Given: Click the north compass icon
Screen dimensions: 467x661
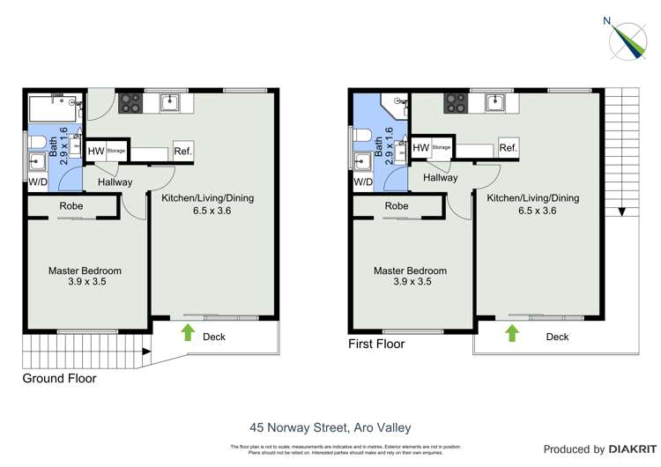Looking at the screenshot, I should click(x=632, y=40).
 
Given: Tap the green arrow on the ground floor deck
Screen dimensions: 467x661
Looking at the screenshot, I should click(x=187, y=332).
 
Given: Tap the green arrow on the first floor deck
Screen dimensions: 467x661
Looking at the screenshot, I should click(x=512, y=332).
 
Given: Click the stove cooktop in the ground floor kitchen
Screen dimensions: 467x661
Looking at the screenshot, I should click(x=130, y=102).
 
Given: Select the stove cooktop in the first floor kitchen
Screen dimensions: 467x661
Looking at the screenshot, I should click(x=455, y=102).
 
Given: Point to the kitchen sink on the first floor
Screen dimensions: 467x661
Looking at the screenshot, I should click(x=496, y=102).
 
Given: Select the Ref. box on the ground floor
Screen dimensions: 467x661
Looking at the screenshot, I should click(x=183, y=151).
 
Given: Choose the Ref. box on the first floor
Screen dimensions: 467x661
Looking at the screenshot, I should click(x=509, y=148).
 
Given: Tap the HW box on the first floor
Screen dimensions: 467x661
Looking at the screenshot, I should click(x=420, y=148).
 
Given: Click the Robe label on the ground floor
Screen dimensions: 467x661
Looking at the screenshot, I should click(x=71, y=206).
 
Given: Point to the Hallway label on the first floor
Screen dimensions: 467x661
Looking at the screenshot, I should click(x=440, y=177).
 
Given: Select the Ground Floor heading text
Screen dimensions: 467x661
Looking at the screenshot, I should click(x=59, y=379).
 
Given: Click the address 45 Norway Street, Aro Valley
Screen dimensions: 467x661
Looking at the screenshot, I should click(x=330, y=404).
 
